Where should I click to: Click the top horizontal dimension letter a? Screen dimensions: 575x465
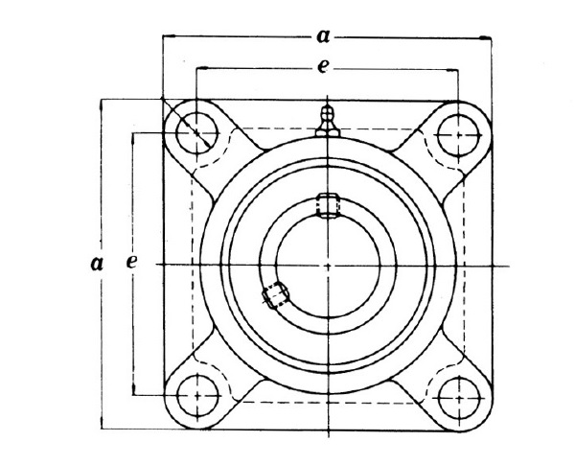coord(323,36)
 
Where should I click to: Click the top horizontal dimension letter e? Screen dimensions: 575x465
coord(322,67)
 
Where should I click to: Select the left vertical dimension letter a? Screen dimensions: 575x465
coord(97,264)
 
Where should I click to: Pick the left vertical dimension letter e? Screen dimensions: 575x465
coord(131,262)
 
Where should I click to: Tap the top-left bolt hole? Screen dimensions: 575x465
coord(196,133)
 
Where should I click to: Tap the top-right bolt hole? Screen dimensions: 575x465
coord(458,135)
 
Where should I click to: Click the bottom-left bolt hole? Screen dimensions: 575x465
coord(197,395)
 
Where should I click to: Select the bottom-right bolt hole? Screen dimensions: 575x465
coord(459,398)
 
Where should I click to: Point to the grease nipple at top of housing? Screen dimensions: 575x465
coord(328,121)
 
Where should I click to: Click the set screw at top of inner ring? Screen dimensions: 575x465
coord(328,206)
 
